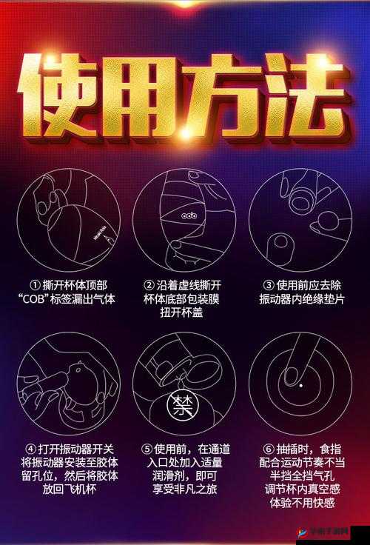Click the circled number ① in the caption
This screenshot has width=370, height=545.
(x=35, y=285)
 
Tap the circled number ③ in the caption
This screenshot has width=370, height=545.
(x=269, y=285)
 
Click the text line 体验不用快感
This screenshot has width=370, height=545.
(x=303, y=503)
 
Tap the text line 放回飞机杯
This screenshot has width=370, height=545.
(x=68, y=489)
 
